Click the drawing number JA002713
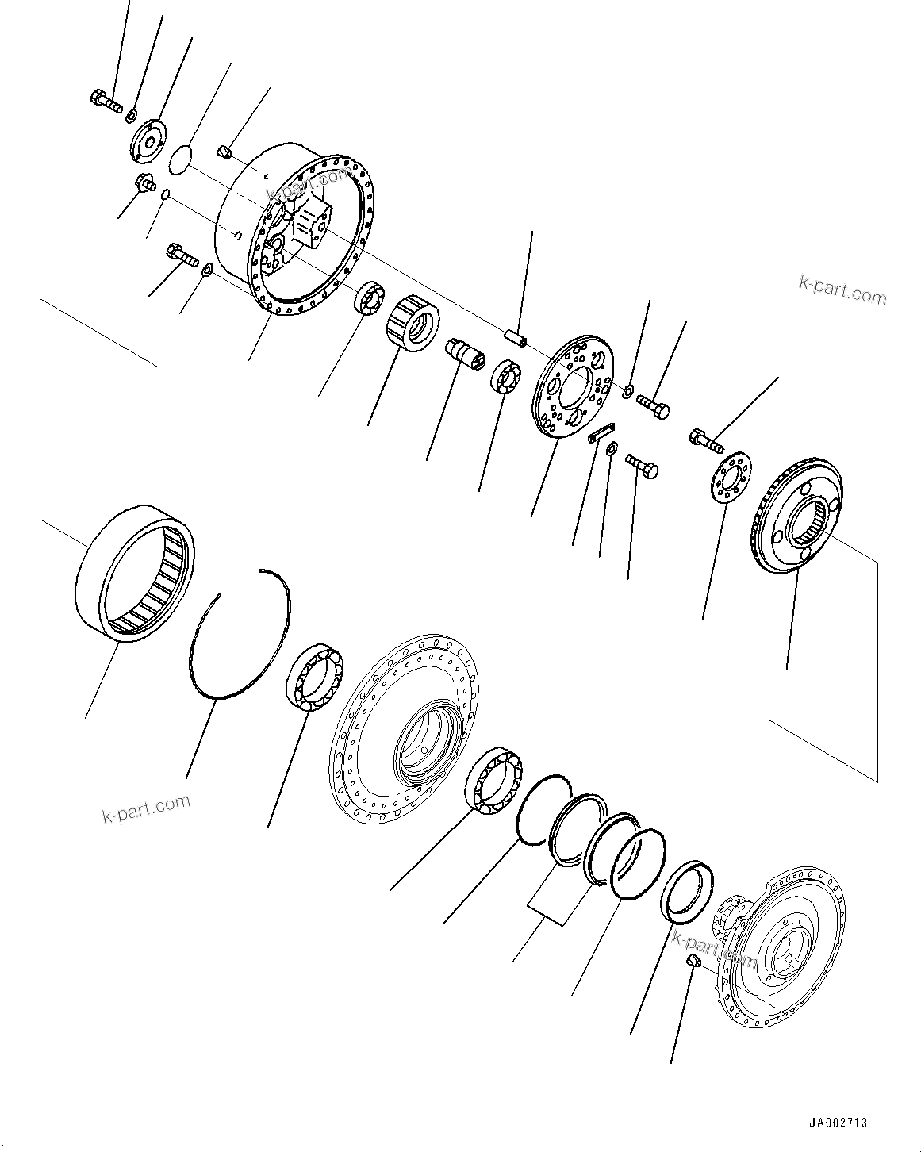pyautogui.click(x=838, y=1123)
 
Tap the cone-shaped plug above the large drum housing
pyautogui.click(x=224, y=150)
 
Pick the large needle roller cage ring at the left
pyautogui.click(x=140, y=571)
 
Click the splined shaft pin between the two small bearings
pyautogui.click(x=465, y=351)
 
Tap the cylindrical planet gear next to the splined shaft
pyautogui.click(x=413, y=322)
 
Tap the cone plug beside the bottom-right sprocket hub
pyautogui.click(x=692, y=961)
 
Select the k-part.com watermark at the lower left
pyautogui.click(x=147, y=807)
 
